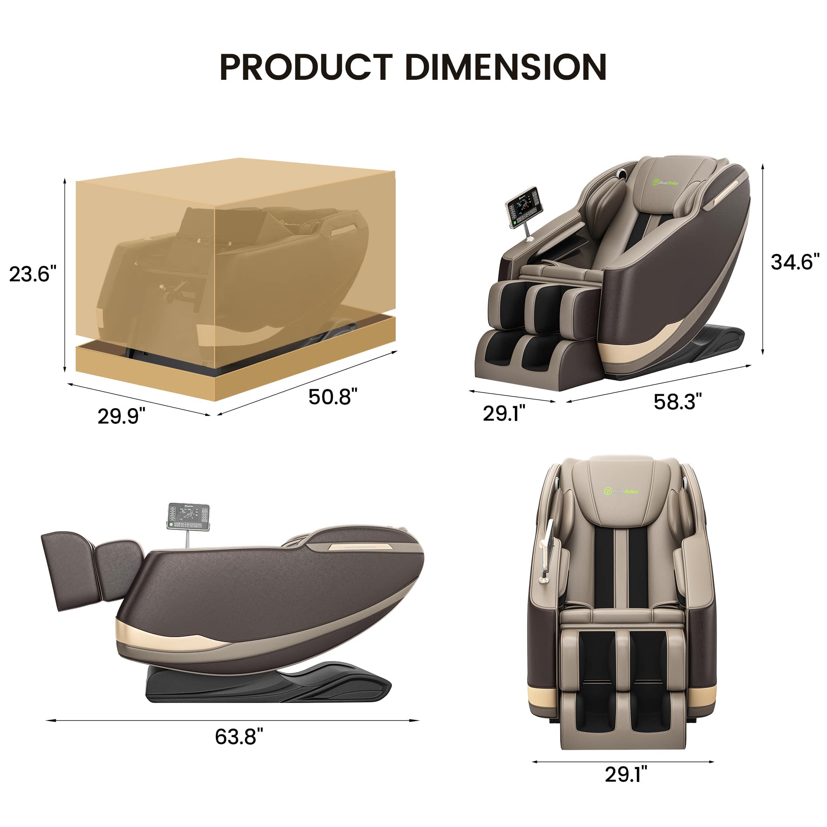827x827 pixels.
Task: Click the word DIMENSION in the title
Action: [506, 67]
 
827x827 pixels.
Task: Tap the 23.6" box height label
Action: [33, 274]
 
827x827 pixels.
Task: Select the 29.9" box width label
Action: [121, 416]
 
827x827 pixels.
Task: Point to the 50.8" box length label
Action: [332, 397]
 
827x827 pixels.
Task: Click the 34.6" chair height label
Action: [795, 262]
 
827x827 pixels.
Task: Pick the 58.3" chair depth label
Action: [678, 402]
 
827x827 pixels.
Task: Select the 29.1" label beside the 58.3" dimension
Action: [504, 413]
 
